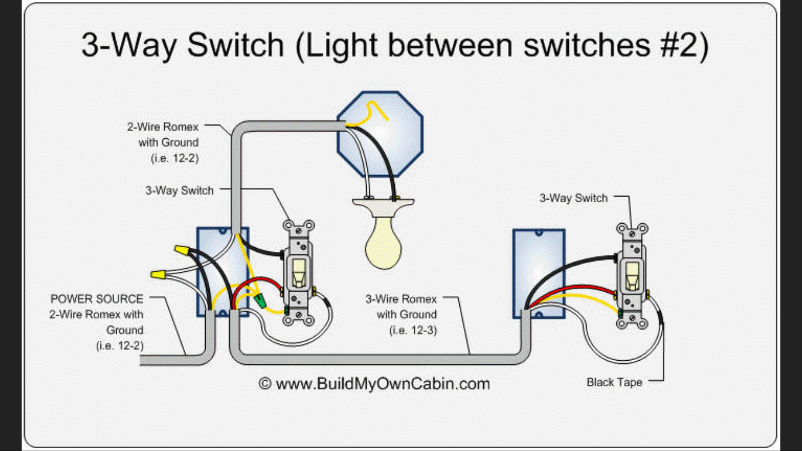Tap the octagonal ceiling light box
(x=380, y=134)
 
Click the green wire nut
(x=260, y=300)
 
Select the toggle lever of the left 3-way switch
(x=298, y=272)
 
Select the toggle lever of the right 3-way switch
(x=632, y=277)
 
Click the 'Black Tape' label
(x=614, y=382)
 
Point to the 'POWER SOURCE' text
(x=97, y=299)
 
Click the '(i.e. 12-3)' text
(x=413, y=330)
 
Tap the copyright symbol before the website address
(x=265, y=384)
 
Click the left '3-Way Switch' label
(x=179, y=191)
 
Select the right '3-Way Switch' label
(x=574, y=198)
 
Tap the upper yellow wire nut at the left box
(x=182, y=250)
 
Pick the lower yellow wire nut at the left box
(x=158, y=275)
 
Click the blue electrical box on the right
(x=539, y=274)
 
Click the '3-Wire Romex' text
(x=401, y=299)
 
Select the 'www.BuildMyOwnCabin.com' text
(x=383, y=384)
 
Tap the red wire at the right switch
(x=573, y=291)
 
